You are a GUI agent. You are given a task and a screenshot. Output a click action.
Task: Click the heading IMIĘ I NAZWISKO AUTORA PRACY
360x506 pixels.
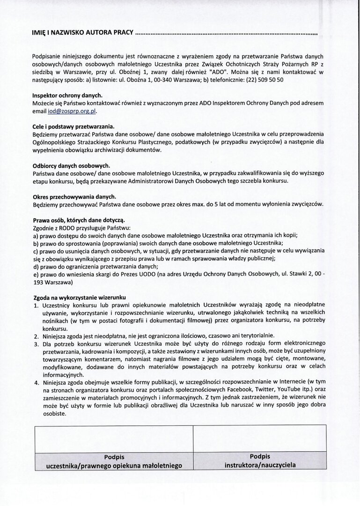pos(82,34)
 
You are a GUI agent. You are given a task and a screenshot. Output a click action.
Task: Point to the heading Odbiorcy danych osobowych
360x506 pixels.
pos(71,165)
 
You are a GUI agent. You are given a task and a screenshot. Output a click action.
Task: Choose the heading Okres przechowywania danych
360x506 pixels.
pos(74,196)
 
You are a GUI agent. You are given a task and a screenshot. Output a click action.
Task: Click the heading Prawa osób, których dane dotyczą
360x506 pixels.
pos(79,220)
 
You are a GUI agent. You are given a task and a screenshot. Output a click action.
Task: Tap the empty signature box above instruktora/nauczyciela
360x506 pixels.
pos(260,439)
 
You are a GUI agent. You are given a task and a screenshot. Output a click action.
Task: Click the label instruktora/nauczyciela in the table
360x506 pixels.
pos(260,465)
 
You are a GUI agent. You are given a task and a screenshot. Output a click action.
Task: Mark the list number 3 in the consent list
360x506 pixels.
pos(36,343)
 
